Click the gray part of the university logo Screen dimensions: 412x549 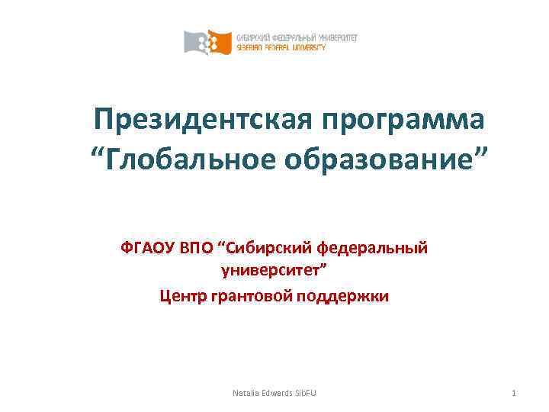click(196, 42)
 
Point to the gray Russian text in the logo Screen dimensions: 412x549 click(297, 37)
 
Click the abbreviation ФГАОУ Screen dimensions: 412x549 click(146, 247)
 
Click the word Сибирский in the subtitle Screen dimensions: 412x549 click(265, 247)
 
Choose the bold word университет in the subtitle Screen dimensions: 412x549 click(274, 270)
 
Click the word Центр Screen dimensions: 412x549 click(183, 295)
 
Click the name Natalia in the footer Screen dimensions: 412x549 click(246, 393)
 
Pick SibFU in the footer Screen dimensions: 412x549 click(307, 393)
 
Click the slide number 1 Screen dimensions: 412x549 click(515, 393)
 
